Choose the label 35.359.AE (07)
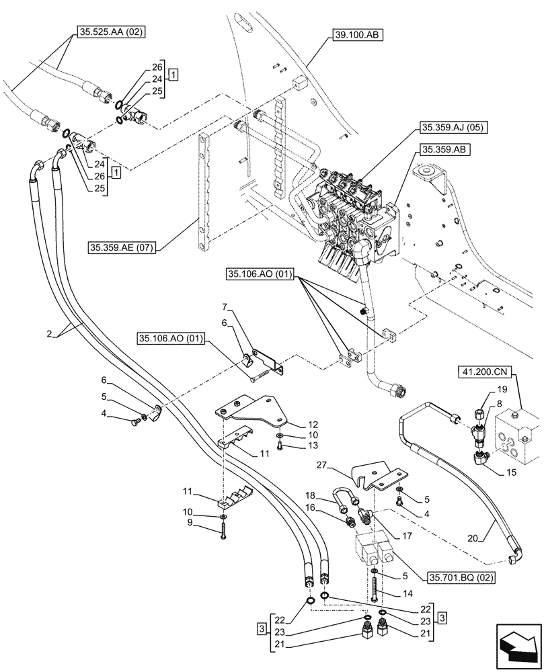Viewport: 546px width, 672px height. [x=122, y=248]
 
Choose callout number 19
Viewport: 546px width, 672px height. [x=502, y=389]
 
